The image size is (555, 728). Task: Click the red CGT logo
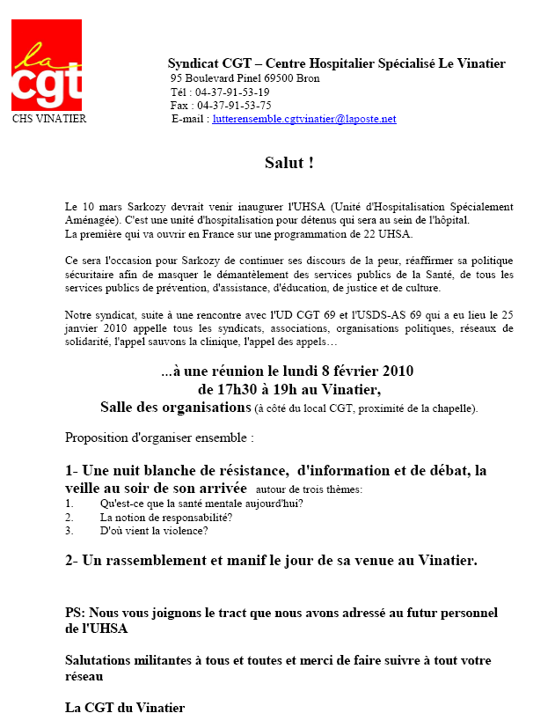47,64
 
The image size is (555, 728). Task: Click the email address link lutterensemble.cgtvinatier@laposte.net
304,119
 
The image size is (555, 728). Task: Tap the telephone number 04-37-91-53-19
232,92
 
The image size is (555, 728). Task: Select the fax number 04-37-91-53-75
233,106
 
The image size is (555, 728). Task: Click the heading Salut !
288,163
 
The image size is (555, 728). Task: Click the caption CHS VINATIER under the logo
49,119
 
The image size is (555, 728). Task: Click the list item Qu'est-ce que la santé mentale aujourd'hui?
201,504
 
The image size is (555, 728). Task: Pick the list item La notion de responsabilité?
166,518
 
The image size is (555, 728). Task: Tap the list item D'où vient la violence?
154,531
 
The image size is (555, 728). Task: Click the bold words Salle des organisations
175,407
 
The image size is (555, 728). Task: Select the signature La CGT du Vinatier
125,707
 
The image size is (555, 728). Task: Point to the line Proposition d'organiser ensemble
159,437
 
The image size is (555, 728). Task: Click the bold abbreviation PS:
77,613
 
